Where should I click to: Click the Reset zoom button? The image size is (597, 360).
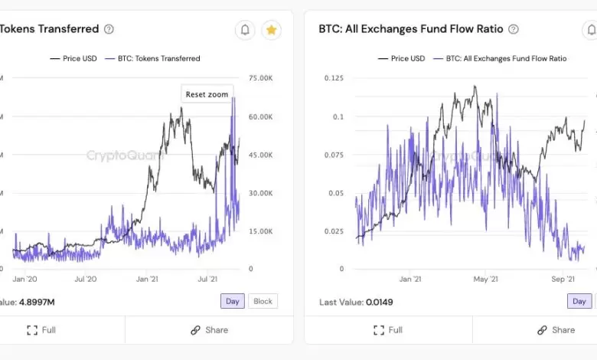click(207, 94)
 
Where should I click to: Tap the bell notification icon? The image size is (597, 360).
click(245, 30)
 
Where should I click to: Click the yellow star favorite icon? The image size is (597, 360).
click(271, 30)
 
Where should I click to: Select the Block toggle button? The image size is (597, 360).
click(263, 301)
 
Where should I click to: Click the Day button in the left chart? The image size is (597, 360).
click(233, 301)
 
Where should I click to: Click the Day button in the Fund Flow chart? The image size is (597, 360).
click(579, 301)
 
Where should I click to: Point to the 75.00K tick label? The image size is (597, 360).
click(262, 78)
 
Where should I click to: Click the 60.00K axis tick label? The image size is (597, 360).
click(262, 116)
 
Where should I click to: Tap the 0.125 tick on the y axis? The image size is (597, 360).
click(334, 78)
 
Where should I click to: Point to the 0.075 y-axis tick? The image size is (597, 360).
click(334, 155)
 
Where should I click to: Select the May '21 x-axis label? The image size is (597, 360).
click(487, 280)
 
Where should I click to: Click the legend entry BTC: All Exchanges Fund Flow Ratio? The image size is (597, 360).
click(506, 58)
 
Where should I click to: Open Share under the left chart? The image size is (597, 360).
click(209, 330)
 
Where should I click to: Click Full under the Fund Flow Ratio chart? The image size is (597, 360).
click(388, 330)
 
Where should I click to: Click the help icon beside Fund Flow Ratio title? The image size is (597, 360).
click(514, 29)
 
